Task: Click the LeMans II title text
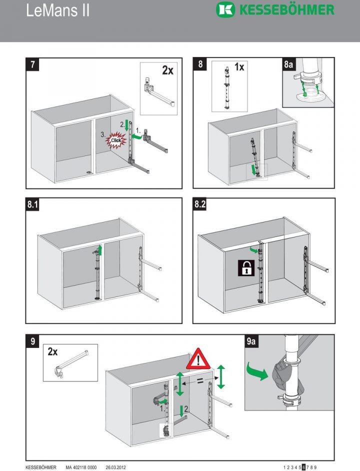(x=58, y=11)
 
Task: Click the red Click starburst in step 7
(x=116, y=140)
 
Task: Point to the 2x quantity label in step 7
(x=167, y=70)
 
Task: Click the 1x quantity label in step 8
(x=239, y=66)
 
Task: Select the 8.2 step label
(x=201, y=205)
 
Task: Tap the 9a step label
(x=252, y=342)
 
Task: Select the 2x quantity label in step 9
(x=52, y=352)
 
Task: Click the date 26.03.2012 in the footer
(x=116, y=467)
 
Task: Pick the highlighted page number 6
(x=303, y=467)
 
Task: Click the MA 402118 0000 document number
(x=82, y=467)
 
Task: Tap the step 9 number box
(x=32, y=342)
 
